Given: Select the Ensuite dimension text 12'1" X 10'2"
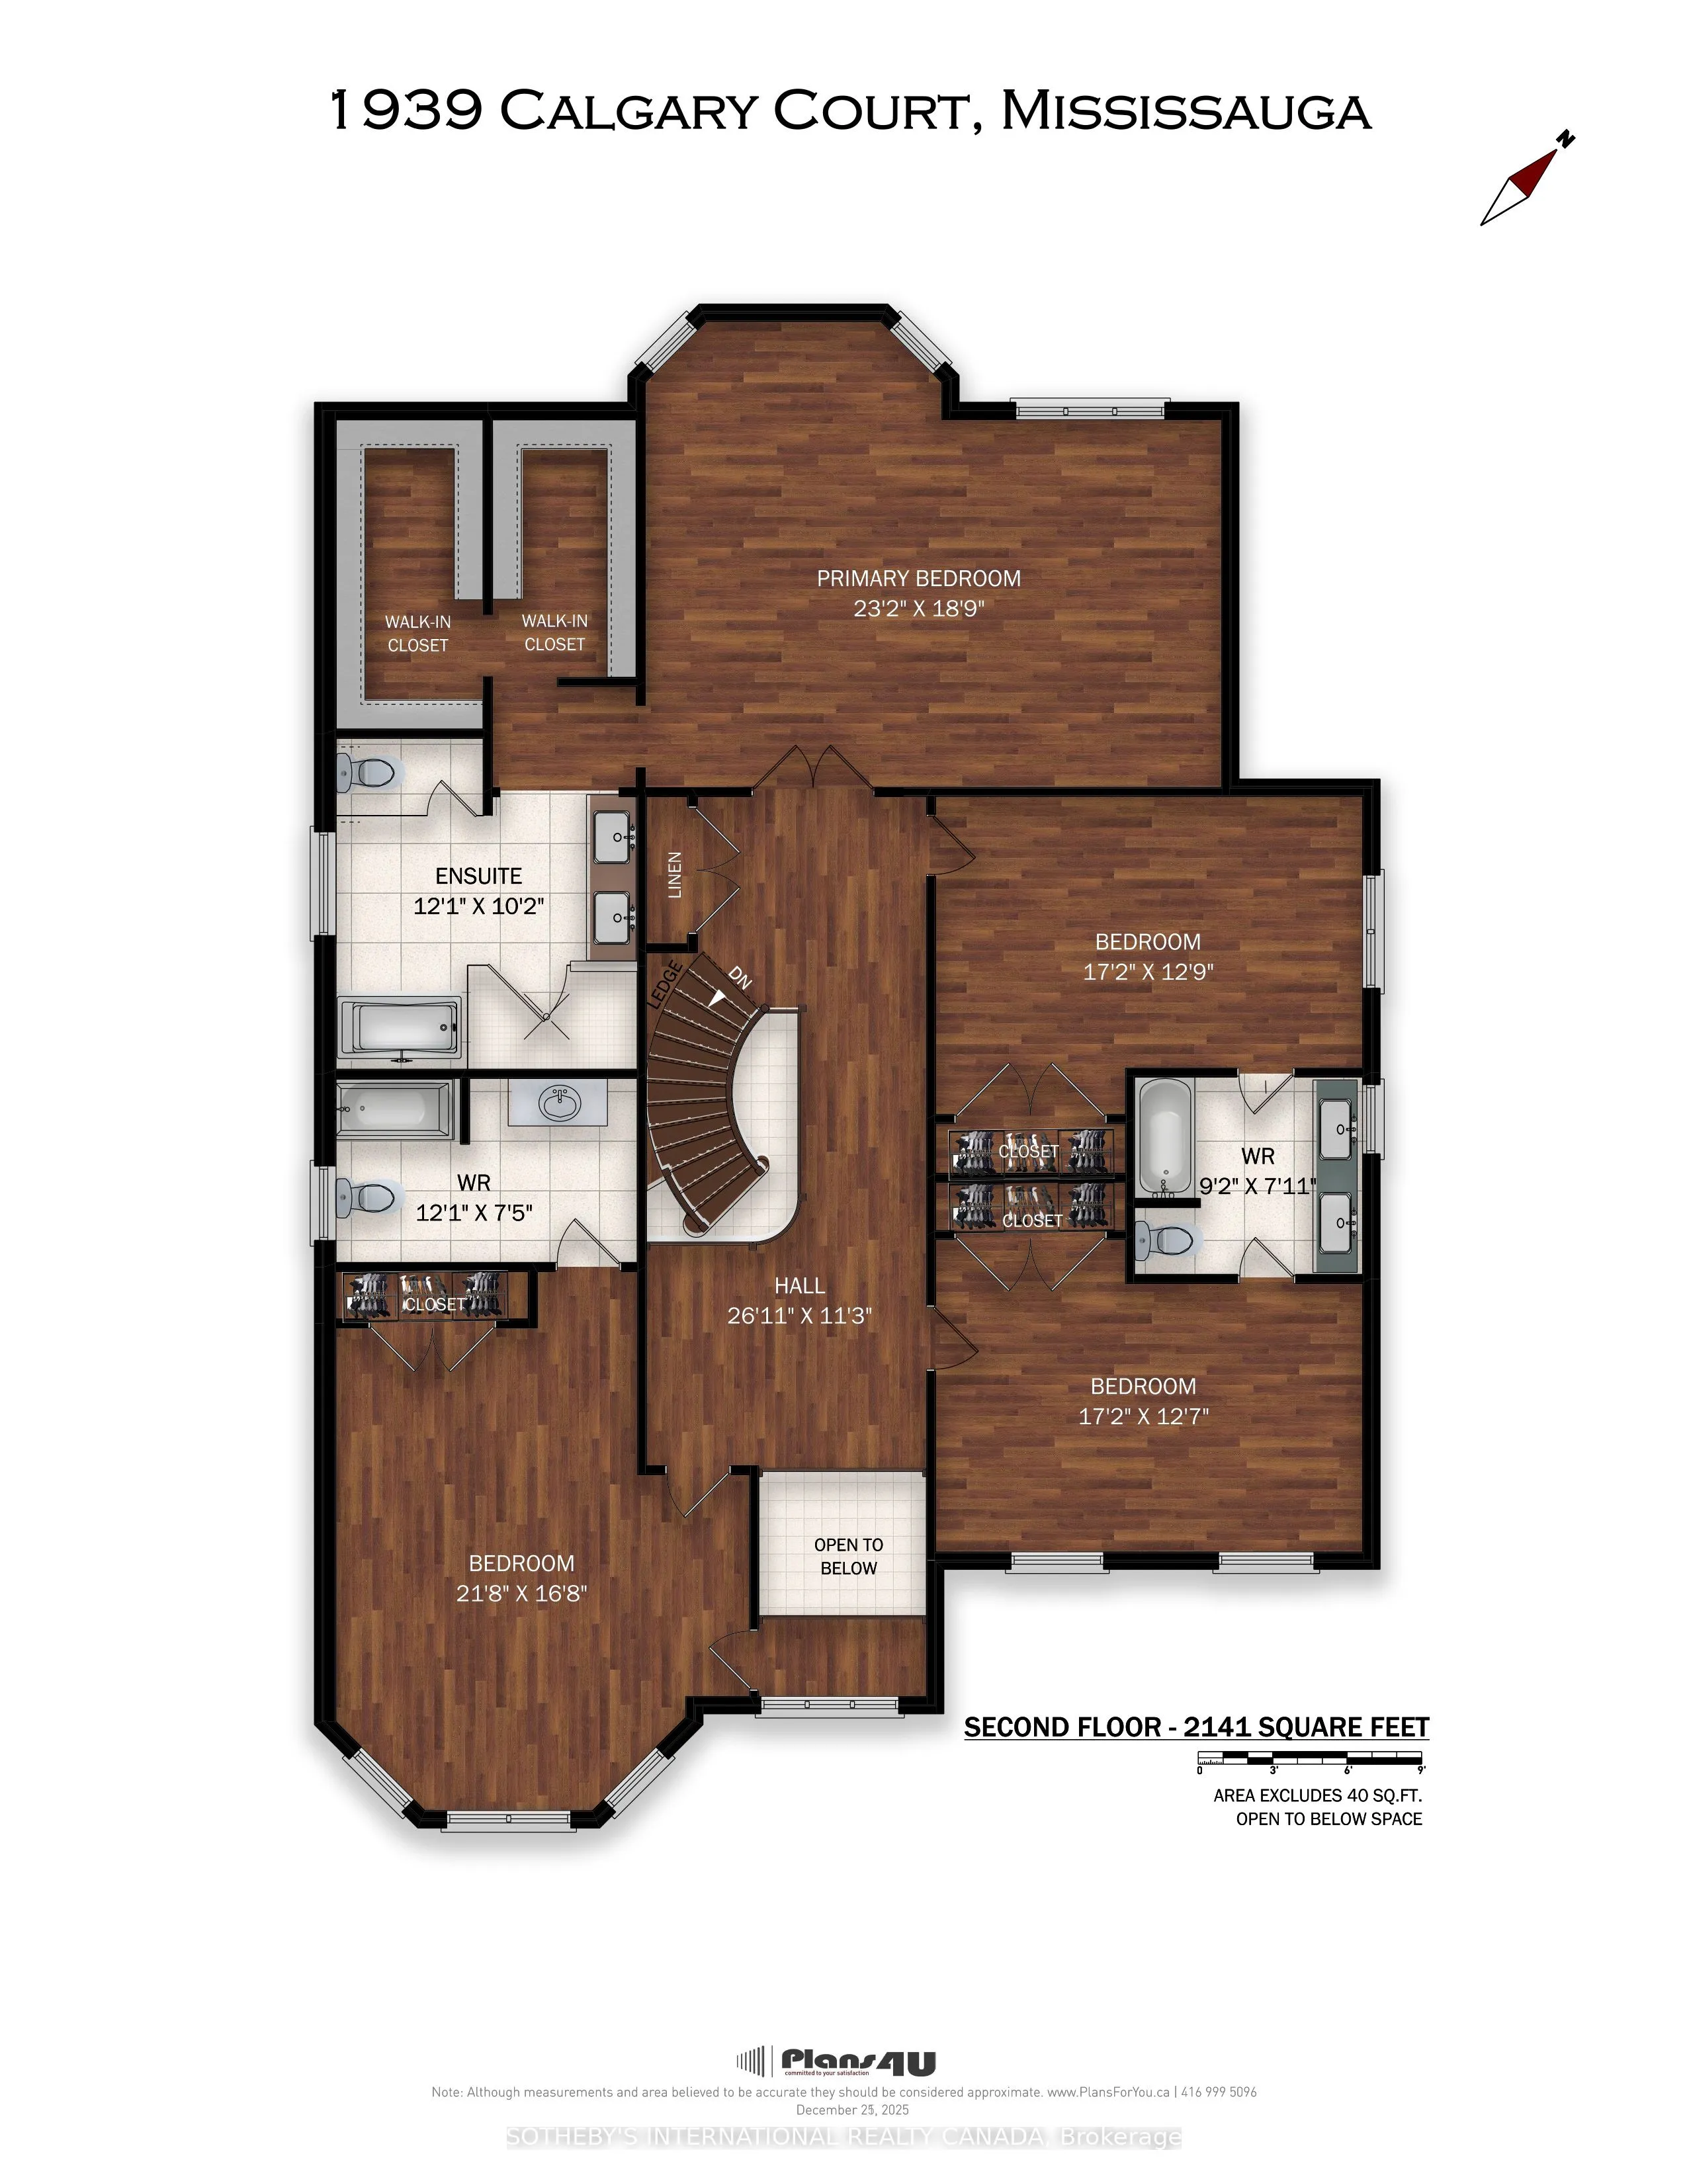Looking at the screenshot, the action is point(479,906).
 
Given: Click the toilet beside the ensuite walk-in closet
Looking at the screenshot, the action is point(367,771).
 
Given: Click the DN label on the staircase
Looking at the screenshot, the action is point(738,976).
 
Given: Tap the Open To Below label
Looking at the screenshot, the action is point(849,1557).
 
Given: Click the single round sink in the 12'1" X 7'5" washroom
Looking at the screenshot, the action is point(558,1103).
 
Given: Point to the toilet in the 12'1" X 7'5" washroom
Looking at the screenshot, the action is point(368,1197).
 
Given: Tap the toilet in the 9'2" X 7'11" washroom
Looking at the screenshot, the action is point(1166,1240).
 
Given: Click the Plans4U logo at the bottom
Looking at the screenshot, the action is point(836,2062).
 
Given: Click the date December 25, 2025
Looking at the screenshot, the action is point(853,2110).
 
